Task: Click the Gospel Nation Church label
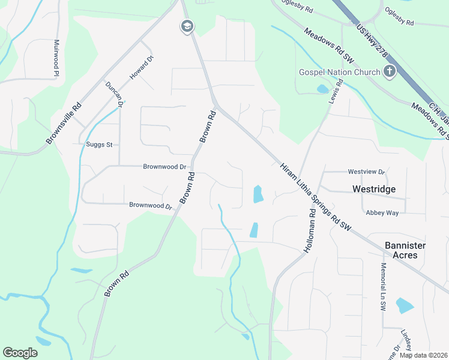[x=340, y=73]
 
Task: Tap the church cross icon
[x=390, y=72]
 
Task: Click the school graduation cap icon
[x=187, y=26]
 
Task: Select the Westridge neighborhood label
[x=373, y=189]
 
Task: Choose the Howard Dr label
[x=142, y=68]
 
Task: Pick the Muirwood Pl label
[x=56, y=58]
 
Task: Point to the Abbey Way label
[x=382, y=212]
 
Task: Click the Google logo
[x=20, y=353]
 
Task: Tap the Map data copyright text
[x=423, y=355]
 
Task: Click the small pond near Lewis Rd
[x=322, y=89]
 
